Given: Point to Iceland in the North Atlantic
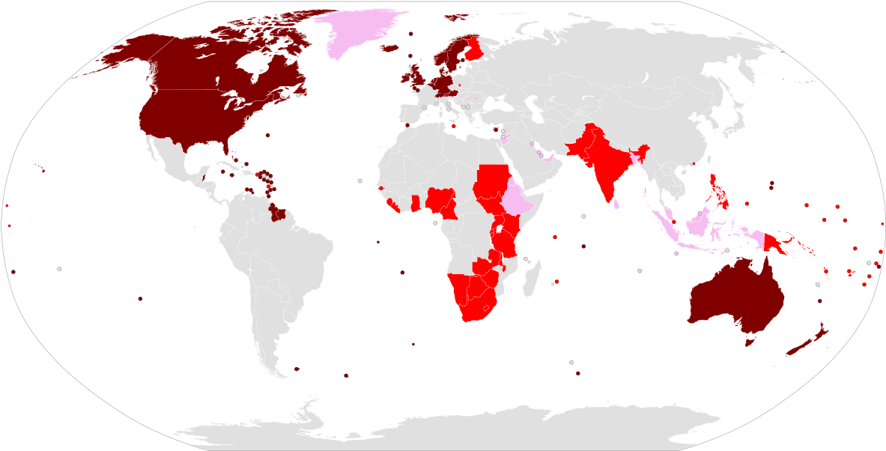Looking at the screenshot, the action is click(x=389, y=48).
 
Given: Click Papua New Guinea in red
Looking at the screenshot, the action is click(x=774, y=243).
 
